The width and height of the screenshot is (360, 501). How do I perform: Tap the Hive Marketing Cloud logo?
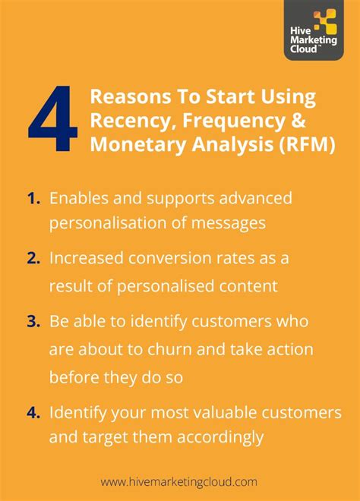coord(314,30)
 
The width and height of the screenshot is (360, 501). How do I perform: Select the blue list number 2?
coord(33,257)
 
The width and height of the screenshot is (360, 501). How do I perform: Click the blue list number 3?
coord(33,321)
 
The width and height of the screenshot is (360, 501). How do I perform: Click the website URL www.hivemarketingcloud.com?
coord(179,481)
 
